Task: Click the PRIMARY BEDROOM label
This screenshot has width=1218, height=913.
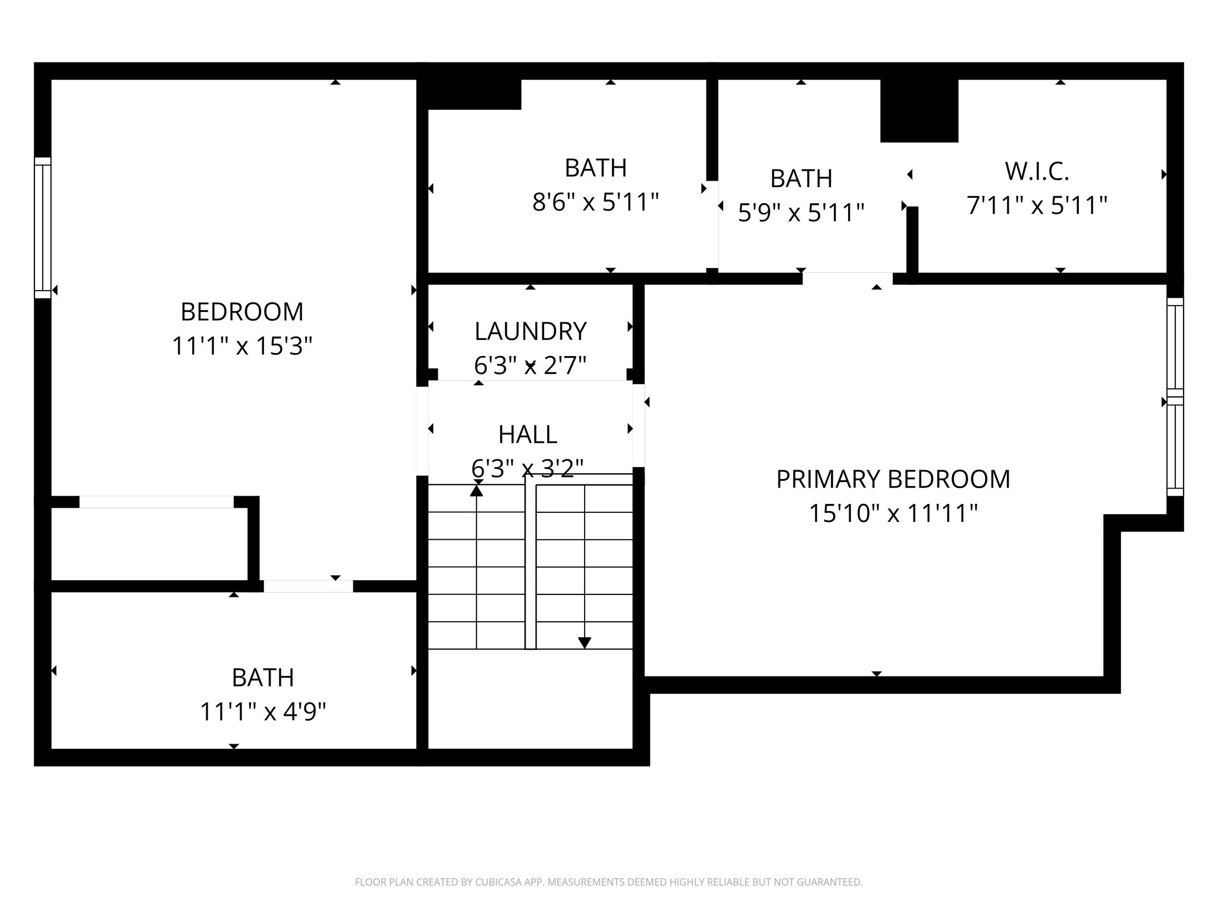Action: click(893, 479)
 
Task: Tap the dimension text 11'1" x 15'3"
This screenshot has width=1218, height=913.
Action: click(242, 346)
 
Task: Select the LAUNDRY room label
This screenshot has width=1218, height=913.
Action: click(530, 331)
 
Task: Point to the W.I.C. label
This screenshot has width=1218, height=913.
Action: click(1037, 171)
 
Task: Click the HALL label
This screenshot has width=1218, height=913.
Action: click(528, 435)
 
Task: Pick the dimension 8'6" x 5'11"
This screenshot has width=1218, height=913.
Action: click(595, 203)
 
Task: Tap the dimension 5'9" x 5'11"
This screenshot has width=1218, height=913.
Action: click(801, 213)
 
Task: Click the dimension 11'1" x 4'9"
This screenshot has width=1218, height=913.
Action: click(263, 711)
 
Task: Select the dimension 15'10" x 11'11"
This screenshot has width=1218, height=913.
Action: click(893, 514)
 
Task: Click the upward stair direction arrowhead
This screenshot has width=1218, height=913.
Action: click(476, 491)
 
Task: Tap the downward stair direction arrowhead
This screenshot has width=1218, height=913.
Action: click(585, 643)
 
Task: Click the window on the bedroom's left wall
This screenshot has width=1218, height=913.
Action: click(43, 228)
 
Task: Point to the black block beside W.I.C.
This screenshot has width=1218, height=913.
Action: click(919, 111)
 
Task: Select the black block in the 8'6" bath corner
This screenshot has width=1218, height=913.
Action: click(474, 95)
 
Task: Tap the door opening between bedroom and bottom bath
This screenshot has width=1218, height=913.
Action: click(308, 586)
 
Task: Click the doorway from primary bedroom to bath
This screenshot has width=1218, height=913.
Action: click(847, 279)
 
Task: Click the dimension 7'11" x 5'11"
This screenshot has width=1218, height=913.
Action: click(1037, 206)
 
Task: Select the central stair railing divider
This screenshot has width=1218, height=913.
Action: click(530, 565)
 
